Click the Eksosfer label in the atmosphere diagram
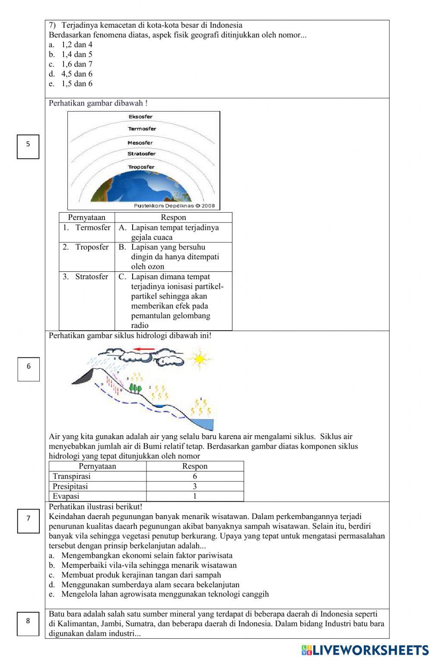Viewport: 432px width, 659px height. pos(140,117)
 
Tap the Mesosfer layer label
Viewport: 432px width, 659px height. pos(140,143)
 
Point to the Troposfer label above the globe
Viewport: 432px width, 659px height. pos(141,167)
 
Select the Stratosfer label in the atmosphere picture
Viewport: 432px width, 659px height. pos(141,154)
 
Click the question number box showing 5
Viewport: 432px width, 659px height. pos(28,146)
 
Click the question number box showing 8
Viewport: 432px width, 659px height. pos(28,624)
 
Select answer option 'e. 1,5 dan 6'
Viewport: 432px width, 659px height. pos(71,84)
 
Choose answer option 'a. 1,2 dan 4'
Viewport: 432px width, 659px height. pos(71,45)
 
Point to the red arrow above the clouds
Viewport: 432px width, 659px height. pos(144,349)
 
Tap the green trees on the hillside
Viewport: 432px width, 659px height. pos(136,388)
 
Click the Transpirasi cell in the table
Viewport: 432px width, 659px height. pos(72,476)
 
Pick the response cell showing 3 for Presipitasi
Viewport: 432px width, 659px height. pos(195,486)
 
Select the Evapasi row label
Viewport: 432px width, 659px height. pos(66,496)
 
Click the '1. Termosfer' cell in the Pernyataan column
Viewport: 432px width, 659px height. pos(87,228)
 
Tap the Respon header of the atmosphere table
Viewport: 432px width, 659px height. pos(173,217)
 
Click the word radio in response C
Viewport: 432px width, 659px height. pos(140,325)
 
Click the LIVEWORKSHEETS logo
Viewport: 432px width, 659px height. pos(365,649)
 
